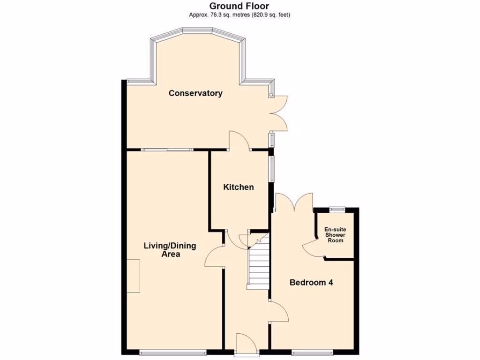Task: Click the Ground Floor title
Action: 239,6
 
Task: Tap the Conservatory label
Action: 195,93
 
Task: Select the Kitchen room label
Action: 238,187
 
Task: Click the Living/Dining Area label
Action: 169,250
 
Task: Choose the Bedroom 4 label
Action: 311,283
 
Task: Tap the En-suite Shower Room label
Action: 335,235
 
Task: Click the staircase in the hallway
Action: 258,265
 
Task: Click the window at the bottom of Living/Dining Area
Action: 173,352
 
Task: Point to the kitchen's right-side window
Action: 271,167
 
